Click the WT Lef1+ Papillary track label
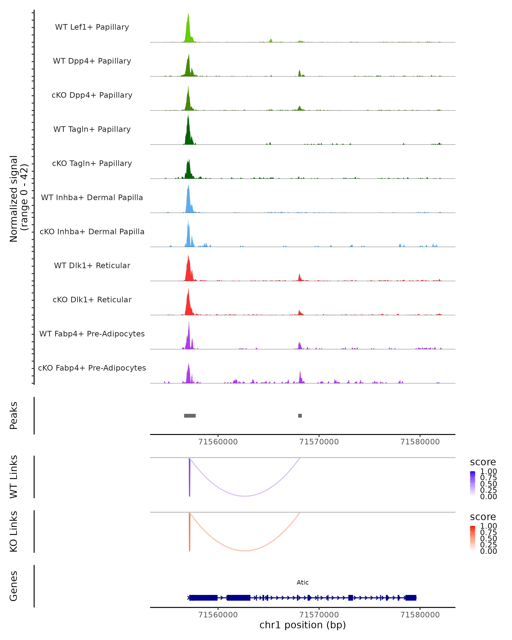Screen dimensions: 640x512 click(92, 27)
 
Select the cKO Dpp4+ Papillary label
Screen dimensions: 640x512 click(92, 95)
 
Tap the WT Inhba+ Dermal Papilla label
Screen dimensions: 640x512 click(92, 198)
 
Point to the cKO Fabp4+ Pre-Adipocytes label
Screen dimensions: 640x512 click(92, 368)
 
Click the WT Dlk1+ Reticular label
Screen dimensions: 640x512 click(92, 266)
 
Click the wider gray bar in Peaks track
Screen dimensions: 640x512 click(190, 416)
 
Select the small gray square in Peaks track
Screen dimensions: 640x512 click(300, 416)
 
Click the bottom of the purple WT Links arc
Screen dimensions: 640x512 click(244, 496)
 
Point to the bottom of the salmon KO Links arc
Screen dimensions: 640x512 click(244, 551)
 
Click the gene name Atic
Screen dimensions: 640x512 click(303, 582)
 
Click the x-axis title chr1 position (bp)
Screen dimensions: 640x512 click(303, 625)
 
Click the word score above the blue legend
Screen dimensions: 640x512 click(483, 462)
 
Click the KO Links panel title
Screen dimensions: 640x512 click(14, 531)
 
